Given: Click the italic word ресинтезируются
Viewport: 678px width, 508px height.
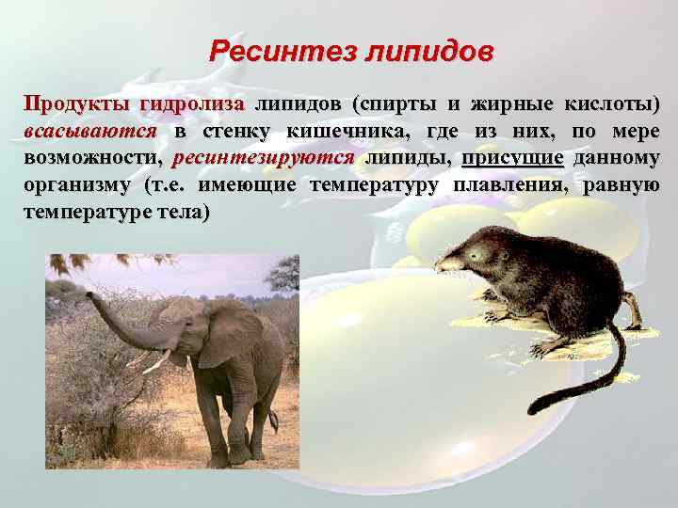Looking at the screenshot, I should [x=265, y=157].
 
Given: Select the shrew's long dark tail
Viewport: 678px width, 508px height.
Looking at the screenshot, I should [x=603, y=372].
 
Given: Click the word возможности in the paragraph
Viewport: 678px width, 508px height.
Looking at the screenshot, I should [x=89, y=157].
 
